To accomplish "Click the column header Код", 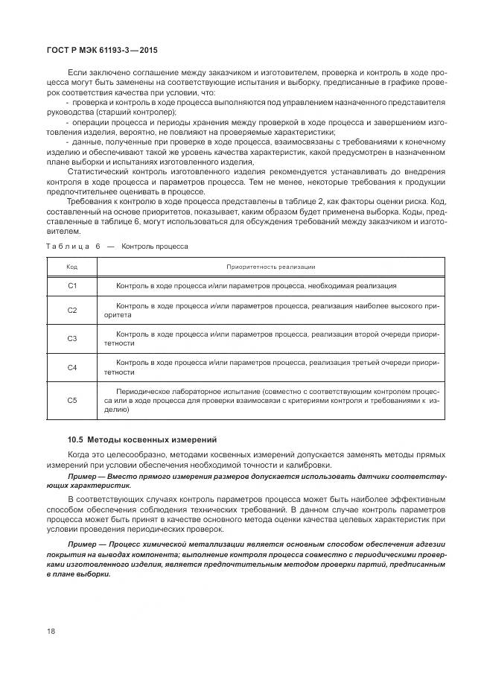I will coord(72,267).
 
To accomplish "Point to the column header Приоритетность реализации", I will coord(271,267).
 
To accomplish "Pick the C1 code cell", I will coord(72,286).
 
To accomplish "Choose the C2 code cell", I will coord(72,310).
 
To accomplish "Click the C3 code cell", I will coord(72,338).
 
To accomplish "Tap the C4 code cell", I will coord(72,367).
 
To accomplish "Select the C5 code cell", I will coord(72,400).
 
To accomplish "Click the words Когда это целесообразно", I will coord(110,454).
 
